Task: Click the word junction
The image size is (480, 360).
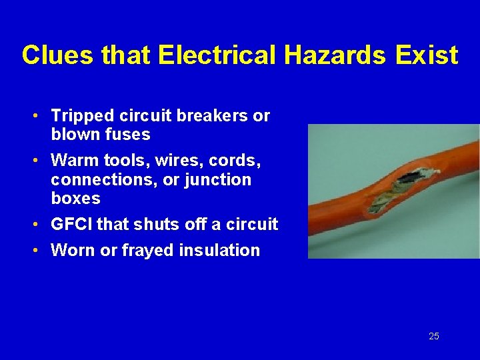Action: (x=219, y=180)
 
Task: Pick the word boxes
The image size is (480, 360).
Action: (x=75, y=199)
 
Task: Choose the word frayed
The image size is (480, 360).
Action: (x=144, y=251)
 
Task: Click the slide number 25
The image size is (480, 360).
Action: (x=434, y=336)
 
